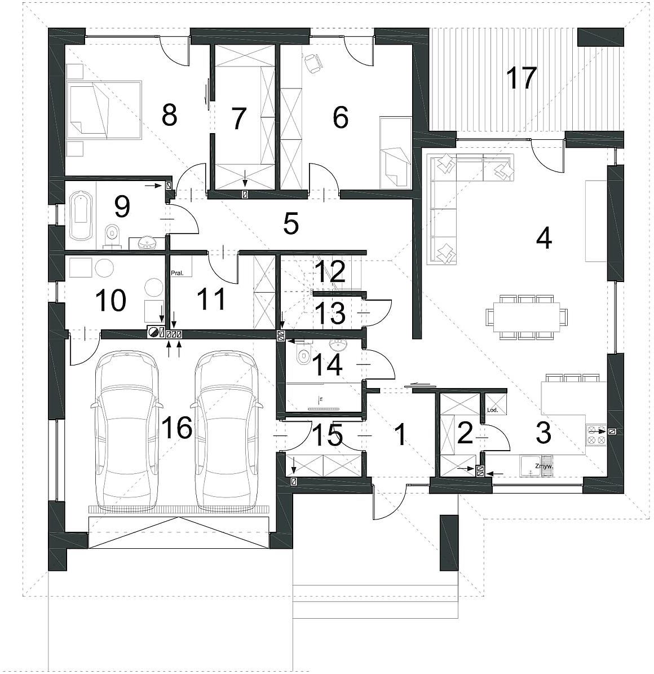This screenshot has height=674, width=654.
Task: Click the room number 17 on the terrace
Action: [521, 77]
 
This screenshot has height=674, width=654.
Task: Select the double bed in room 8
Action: [104, 109]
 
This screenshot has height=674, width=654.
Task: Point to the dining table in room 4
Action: [527, 317]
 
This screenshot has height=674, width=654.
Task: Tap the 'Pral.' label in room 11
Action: [178, 272]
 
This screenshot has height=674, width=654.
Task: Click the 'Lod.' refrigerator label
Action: [492, 409]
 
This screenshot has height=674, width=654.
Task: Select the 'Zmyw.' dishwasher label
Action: [543, 466]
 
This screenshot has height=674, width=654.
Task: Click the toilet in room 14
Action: [303, 356]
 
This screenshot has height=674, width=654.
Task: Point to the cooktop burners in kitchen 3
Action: [596, 435]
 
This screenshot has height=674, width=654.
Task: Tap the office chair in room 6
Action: [313, 64]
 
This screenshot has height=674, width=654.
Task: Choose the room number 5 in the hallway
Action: [291, 223]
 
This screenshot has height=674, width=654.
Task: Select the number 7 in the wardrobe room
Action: [238, 118]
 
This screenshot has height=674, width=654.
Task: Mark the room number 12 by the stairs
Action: [330, 271]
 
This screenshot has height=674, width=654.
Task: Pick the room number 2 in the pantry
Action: [465, 434]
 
